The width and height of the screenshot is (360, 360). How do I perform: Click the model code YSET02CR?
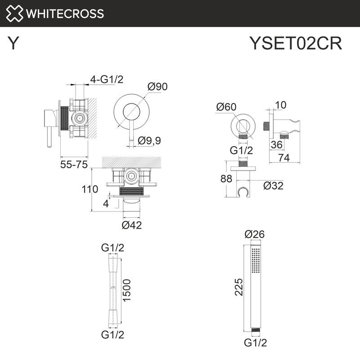[x=296, y=44]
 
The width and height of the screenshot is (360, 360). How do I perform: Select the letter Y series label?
[x=14, y=44]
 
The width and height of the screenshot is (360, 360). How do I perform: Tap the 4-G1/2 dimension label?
[x=107, y=80]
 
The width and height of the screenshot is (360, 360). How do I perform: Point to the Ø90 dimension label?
[x=157, y=87]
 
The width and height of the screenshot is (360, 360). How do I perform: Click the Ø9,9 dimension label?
[x=149, y=141]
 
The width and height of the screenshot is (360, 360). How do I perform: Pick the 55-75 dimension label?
[x=74, y=165]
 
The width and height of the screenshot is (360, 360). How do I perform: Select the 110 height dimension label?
[x=90, y=189]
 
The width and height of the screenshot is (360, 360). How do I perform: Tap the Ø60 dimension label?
[x=226, y=107]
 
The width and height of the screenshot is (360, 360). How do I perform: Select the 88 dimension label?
[x=226, y=179]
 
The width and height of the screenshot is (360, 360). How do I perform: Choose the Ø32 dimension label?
[x=273, y=185]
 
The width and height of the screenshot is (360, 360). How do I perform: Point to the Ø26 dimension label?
[x=254, y=234]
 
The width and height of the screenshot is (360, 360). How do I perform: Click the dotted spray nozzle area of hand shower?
[x=256, y=260]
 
